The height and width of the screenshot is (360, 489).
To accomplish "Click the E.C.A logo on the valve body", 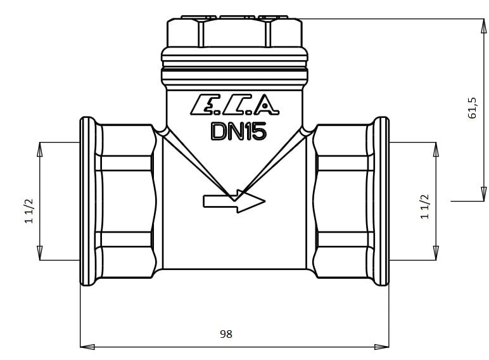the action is tap(234, 105).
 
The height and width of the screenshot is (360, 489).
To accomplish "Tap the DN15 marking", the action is tap(239, 131).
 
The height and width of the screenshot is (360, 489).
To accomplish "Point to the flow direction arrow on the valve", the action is tap(234, 201).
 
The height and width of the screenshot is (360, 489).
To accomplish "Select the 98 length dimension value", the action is tap(226, 334).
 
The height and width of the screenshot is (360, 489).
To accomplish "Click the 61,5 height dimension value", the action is tap(473, 108).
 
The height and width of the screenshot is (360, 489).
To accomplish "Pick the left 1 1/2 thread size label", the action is tap(29, 211).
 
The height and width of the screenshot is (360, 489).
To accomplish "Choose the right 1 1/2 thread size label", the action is tap(425, 207).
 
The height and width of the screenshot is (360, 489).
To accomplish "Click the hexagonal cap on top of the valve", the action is tap(234, 32).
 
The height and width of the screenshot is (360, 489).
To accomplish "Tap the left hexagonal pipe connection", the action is tap(126, 201).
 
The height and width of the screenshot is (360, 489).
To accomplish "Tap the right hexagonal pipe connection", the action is tap(343, 201).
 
